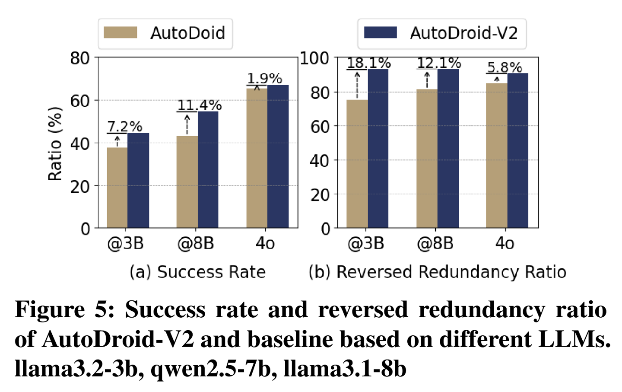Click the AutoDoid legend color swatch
coord(121,33)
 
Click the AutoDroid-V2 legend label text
coord(463,33)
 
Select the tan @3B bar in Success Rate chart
coord(117,188)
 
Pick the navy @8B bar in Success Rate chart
coord(208,169)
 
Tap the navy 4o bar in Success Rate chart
coord(278,156)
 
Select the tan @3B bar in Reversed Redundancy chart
coord(357,164)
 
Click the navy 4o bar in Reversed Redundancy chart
coord(518,150)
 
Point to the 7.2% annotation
coord(124,127)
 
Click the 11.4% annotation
coord(199,105)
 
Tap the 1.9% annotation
coord(264,79)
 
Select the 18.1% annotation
coord(368,63)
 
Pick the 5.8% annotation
coord(505,67)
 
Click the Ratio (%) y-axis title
coord(55,143)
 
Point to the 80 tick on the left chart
coord(80,58)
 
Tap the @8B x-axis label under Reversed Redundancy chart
coord(435,243)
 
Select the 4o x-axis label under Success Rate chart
coord(265,243)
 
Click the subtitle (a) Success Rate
coord(197,272)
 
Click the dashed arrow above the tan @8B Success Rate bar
coord(187,125)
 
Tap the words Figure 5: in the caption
coord(65,310)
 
